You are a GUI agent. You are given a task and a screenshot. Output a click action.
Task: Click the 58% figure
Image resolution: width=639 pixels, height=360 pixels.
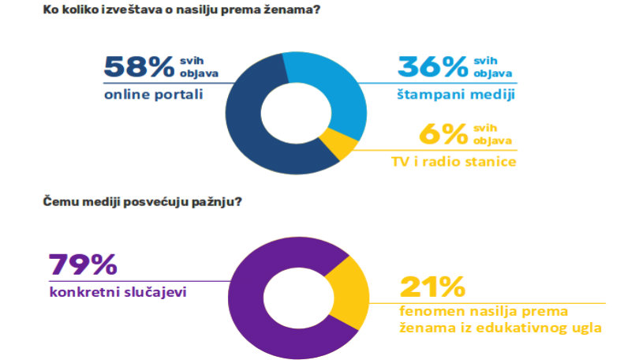[x=139, y=67]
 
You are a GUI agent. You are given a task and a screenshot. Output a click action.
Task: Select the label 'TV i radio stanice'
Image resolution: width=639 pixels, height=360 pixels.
[x=453, y=163]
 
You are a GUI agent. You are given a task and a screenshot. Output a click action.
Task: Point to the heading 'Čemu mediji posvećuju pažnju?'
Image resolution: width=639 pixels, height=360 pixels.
[x=141, y=202]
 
